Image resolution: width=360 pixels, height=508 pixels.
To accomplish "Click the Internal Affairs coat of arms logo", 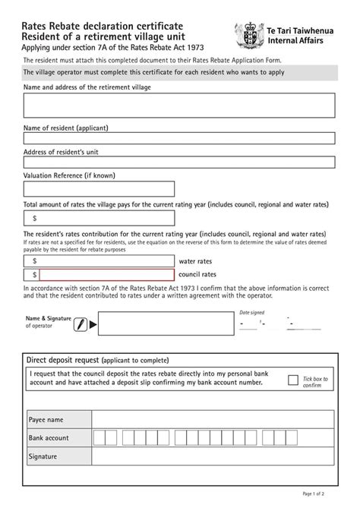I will click(x=250, y=35).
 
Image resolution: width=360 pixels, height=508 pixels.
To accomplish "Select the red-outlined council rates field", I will click(x=106, y=274).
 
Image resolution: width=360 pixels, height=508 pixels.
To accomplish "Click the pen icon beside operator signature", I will click(x=80, y=323).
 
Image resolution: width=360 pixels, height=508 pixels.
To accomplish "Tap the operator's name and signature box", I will click(x=166, y=323).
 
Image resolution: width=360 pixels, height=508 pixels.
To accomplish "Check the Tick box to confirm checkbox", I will click(x=293, y=380).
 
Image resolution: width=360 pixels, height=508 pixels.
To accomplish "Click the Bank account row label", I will click(x=49, y=438).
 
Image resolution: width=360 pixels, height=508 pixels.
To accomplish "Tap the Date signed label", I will click(x=252, y=312).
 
